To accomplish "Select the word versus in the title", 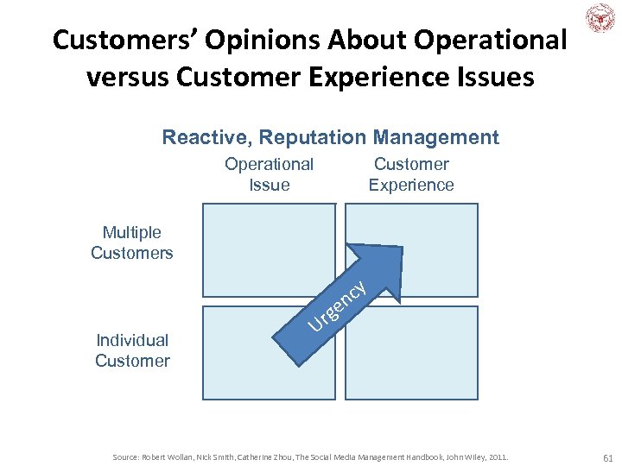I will point(128,77).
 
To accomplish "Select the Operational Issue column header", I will point(269,174).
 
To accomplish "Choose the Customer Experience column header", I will point(411,174).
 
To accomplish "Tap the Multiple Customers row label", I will point(132,242).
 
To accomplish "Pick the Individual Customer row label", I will point(132,350).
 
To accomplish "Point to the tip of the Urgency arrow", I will point(400,249).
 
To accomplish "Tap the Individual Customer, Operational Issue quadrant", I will point(251,371).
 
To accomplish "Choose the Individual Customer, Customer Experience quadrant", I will point(411,353).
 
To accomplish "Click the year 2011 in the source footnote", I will point(498,456).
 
